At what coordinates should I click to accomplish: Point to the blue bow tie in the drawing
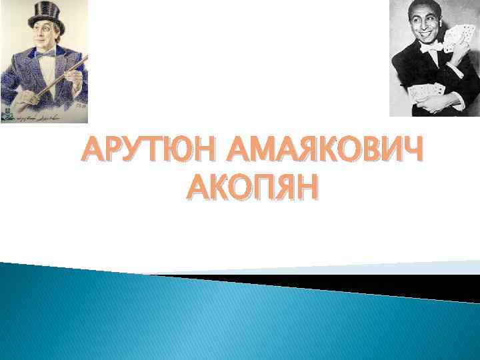[45, 55]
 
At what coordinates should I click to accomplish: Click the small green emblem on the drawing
[6, 111]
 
